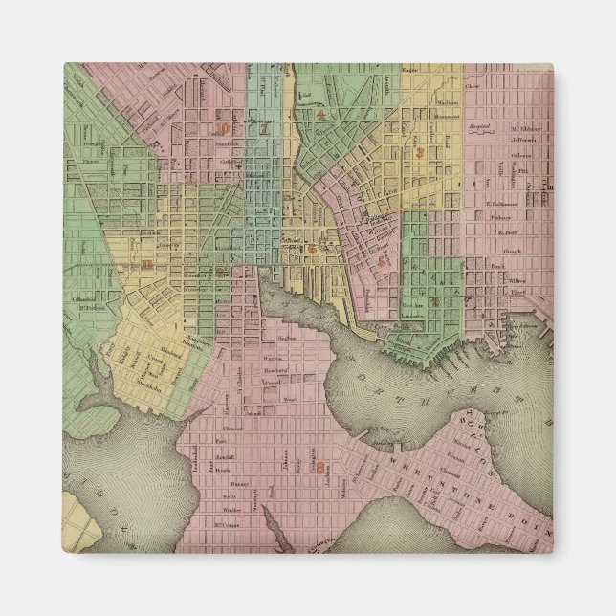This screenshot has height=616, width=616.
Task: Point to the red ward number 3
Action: [x=420, y=153]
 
